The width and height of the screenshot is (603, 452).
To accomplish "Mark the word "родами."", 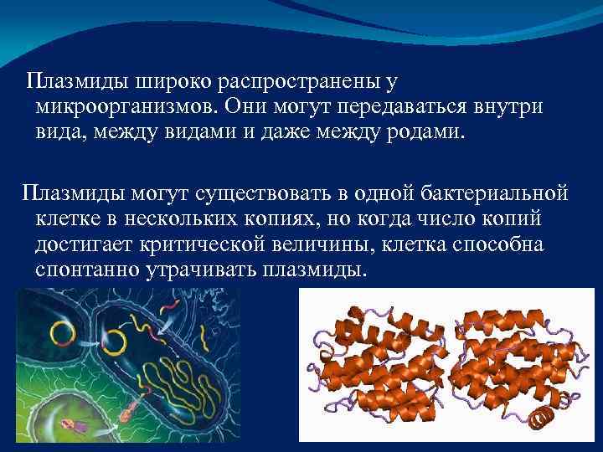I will tap(421, 133).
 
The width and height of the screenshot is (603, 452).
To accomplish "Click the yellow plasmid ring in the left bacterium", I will tap(62, 334).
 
